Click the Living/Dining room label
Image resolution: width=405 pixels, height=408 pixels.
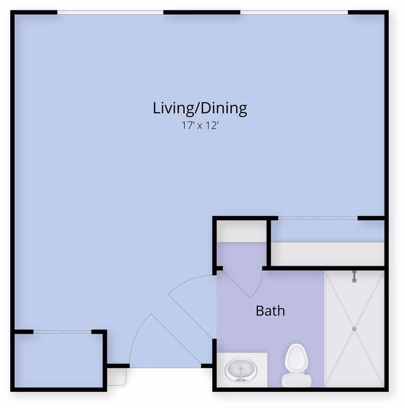tap(200, 109)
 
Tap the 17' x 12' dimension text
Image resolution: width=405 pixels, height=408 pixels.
tap(200, 126)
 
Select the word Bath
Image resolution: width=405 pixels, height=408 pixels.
tap(270, 311)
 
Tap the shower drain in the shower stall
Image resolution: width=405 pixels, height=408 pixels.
tap(354, 329)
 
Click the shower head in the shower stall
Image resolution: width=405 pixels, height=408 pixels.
tap(354, 277)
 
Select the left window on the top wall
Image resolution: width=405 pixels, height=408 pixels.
tap(110, 12)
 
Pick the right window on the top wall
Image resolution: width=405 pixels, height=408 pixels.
tap(294, 12)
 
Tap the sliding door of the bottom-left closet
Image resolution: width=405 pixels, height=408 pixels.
tap(62, 332)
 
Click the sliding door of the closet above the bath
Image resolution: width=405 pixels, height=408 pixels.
tap(318, 218)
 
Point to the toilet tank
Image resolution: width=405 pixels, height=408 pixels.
tap(297, 381)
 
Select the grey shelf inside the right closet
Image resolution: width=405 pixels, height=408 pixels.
tap(327, 254)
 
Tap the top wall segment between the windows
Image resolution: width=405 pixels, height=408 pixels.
tap(202, 12)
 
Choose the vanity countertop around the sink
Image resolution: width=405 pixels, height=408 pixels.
tap(242, 370)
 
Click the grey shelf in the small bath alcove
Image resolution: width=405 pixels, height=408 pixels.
tap(241, 231)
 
